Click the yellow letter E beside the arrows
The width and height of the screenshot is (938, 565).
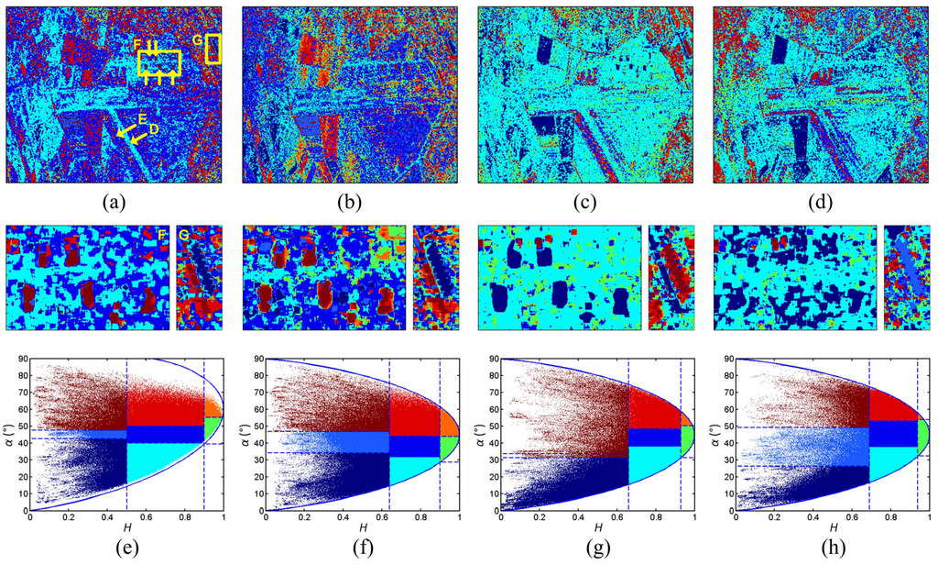[143, 120]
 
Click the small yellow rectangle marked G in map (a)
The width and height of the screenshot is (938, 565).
[213, 50]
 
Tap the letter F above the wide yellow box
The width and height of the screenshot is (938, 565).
[137, 43]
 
